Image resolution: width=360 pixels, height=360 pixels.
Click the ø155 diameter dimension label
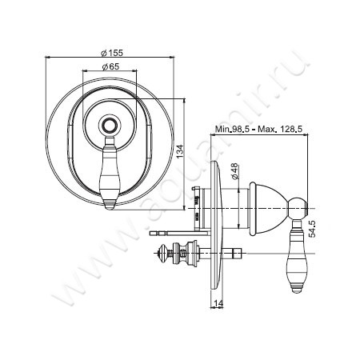point(110,51)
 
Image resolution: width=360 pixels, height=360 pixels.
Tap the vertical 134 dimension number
point(183,153)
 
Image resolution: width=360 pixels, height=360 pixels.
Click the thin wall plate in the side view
point(215,228)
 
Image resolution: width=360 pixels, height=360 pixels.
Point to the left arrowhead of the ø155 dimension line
point(49,58)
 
